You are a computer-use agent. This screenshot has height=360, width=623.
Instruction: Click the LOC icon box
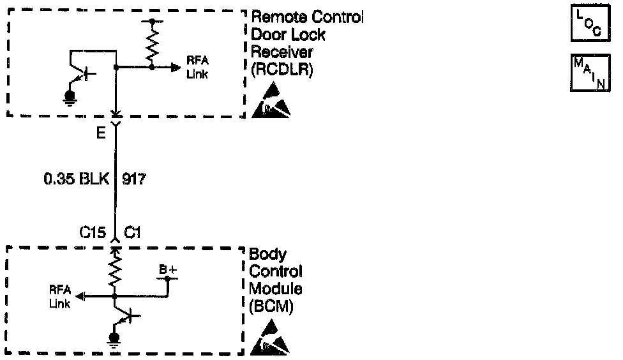pos(585,23)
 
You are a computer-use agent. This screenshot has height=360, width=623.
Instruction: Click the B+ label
pos(168,270)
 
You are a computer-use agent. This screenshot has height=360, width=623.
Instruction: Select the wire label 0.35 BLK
pos(76,179)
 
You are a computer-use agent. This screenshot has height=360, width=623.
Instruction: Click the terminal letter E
pos(100,135)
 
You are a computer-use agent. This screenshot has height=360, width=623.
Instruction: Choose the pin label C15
pos(92,234)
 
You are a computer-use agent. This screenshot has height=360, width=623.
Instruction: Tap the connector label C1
pos(132,234)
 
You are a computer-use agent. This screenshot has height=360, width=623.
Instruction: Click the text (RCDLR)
pos(282,70)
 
